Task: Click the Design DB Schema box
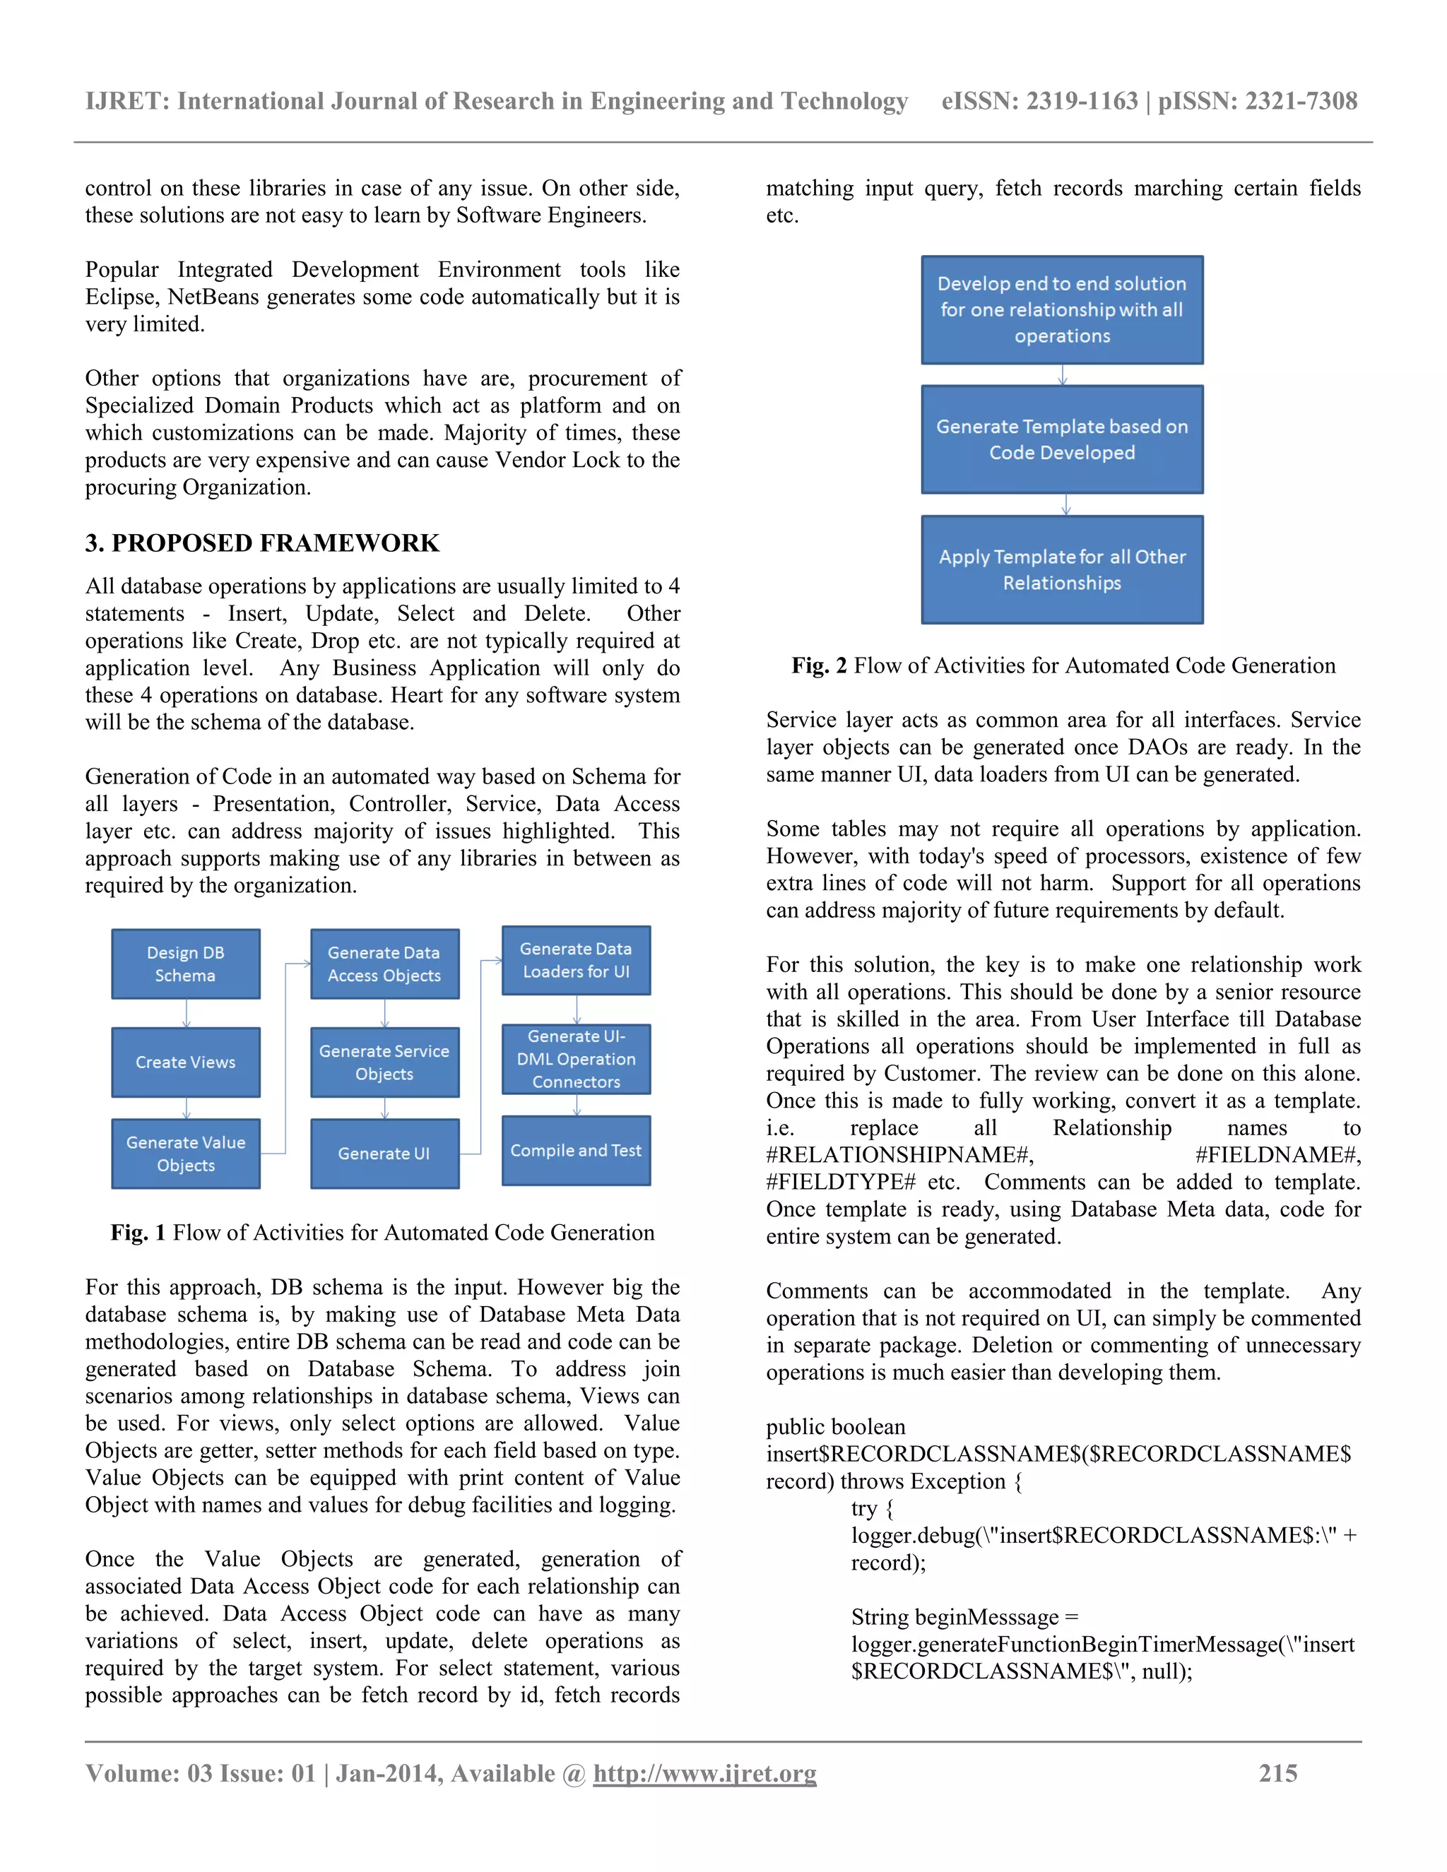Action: click(x=185, y=964)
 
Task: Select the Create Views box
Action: click(x=185, y=1062)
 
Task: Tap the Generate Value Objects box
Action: click(x=185, y=1154)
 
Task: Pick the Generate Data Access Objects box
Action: click(x=384, y=964)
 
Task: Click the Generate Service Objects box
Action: click(x=384, y=1062)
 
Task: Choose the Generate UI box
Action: click(x=384, y=1154)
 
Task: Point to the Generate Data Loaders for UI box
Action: click(x=576, y=960)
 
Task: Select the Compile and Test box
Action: click(x=576, y=1150)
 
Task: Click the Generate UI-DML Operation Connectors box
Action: click(x=576, y=1060)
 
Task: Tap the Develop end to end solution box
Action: click(x=1062, y=309)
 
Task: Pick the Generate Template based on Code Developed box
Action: click(x=1062, y=439)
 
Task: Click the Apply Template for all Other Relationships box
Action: click(x=1062, y=569)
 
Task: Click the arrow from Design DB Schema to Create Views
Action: click(x=186, y=1013)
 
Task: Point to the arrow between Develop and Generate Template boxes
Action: click(x=1063, y=375)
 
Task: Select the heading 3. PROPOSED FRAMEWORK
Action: click(x=262, y=543)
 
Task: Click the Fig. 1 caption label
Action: click(x=138, y=1233)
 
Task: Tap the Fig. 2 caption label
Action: click(x=819, y=666)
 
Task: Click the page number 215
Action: click(x=1277, y=1773)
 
